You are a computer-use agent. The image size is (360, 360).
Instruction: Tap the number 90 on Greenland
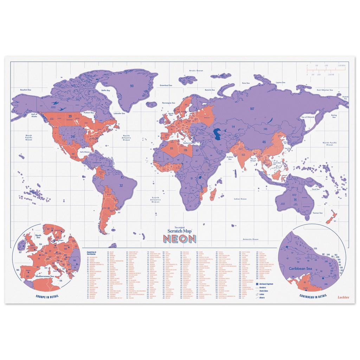click(x=132, y=86)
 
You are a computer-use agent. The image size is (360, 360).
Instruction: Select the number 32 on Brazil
click(x=121, y=185)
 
